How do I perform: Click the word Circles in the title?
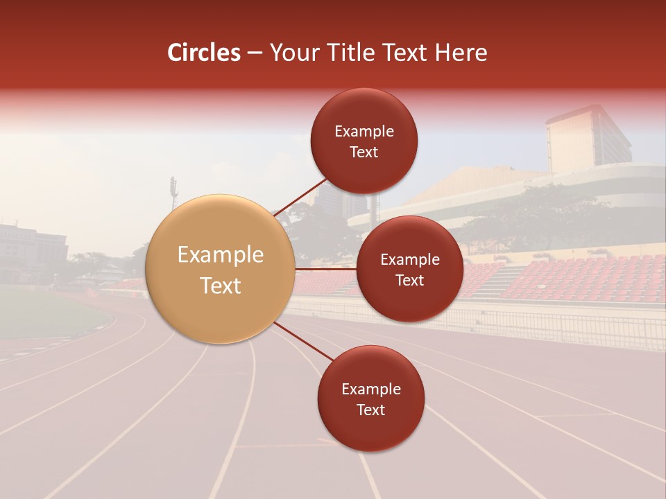click(203, 53)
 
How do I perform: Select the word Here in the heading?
click(461, 53)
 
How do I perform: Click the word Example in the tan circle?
click(220, 255)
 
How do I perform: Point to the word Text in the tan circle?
click(220, 286)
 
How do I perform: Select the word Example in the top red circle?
click(364, 132)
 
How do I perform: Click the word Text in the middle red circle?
click(409, 280)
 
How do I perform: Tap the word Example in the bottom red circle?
click(370, 389)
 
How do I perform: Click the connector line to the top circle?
click(300, 196)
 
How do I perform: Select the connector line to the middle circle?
click(326, 269)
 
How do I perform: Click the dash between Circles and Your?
click(255, 53)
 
